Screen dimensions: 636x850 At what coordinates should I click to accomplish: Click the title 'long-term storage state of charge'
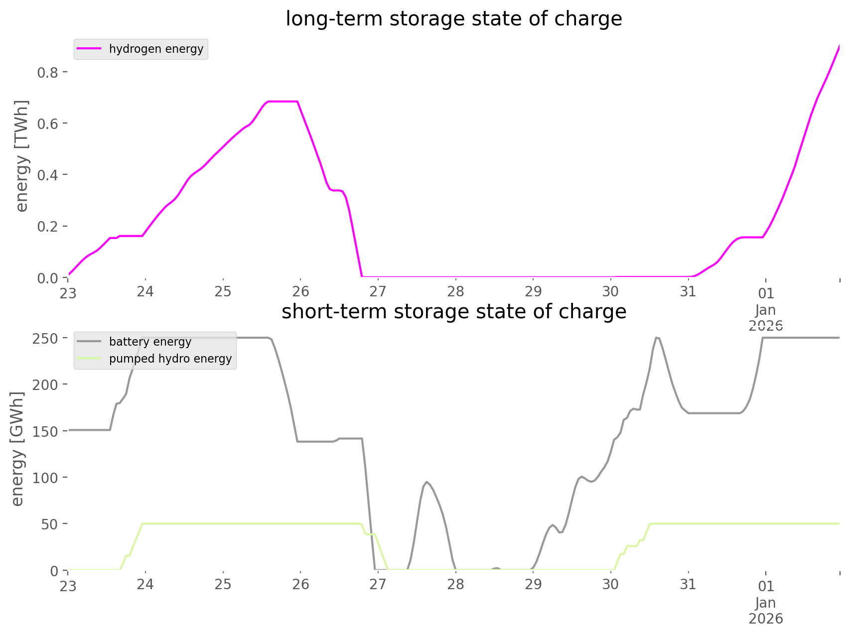[x=453, y=19]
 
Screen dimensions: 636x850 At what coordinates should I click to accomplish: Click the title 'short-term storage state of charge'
[x=453, y=312]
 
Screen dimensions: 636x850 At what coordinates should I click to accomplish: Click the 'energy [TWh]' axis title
[x=22, y=156]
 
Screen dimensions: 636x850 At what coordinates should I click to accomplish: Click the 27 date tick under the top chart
[x=378, y=291]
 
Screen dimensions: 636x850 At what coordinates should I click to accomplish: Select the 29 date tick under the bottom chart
[x=533, y=584]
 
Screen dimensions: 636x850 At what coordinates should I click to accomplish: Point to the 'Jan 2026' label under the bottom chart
[x=765, y=611]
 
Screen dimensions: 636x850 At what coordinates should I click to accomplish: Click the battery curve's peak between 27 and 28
[x=426, y=482]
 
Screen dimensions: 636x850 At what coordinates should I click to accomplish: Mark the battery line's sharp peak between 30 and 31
[x=657, y=338]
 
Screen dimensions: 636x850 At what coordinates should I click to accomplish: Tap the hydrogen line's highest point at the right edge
[x=839, y=46]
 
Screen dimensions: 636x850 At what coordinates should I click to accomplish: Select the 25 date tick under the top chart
[x=223, y=291]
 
